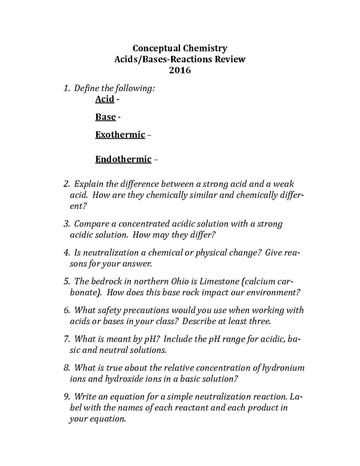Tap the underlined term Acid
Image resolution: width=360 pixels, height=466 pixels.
pos(105,99)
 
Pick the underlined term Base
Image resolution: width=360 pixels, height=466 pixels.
pos(106,117)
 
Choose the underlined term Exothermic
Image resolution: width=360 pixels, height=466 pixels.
pos(120,135)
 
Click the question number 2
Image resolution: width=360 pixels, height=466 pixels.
pos(66,184)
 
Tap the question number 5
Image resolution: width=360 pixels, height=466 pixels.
pos(66,281)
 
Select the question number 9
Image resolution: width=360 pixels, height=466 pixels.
pos(66,397)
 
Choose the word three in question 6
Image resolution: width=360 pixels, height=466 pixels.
pos(259,321)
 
